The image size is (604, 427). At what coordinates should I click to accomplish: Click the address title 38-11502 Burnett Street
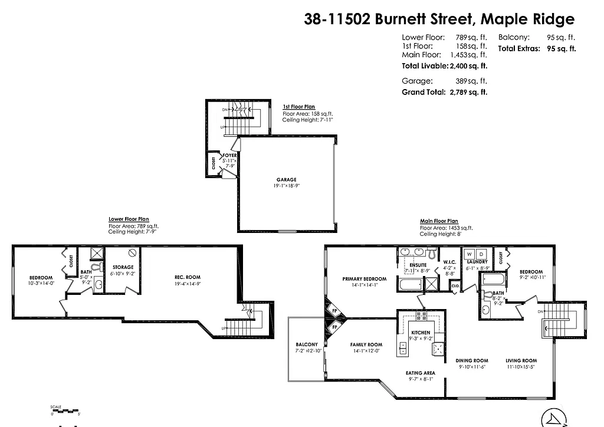438,19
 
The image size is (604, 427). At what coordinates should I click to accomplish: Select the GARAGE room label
287,180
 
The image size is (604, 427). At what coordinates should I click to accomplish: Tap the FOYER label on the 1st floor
229,156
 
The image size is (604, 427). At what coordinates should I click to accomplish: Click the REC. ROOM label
187,277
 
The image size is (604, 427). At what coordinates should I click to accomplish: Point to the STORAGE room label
123,267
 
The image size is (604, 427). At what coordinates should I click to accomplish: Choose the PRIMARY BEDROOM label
365,279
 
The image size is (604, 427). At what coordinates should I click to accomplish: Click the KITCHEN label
421,333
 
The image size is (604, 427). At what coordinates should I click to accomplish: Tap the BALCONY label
307,344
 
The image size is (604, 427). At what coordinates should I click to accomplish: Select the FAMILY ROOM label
366,344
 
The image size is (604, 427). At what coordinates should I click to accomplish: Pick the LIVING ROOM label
521,360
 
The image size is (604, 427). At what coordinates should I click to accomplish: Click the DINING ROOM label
472,360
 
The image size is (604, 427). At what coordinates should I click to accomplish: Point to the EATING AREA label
421,373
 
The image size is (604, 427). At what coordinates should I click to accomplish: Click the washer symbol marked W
470,254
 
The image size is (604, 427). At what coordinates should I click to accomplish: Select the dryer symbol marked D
481,254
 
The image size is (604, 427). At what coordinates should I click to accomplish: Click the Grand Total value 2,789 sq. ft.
468,92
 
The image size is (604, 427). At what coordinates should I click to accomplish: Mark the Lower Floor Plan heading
129,219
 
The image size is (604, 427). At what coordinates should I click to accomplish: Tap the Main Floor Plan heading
439,221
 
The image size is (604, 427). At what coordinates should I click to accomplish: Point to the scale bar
65,410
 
